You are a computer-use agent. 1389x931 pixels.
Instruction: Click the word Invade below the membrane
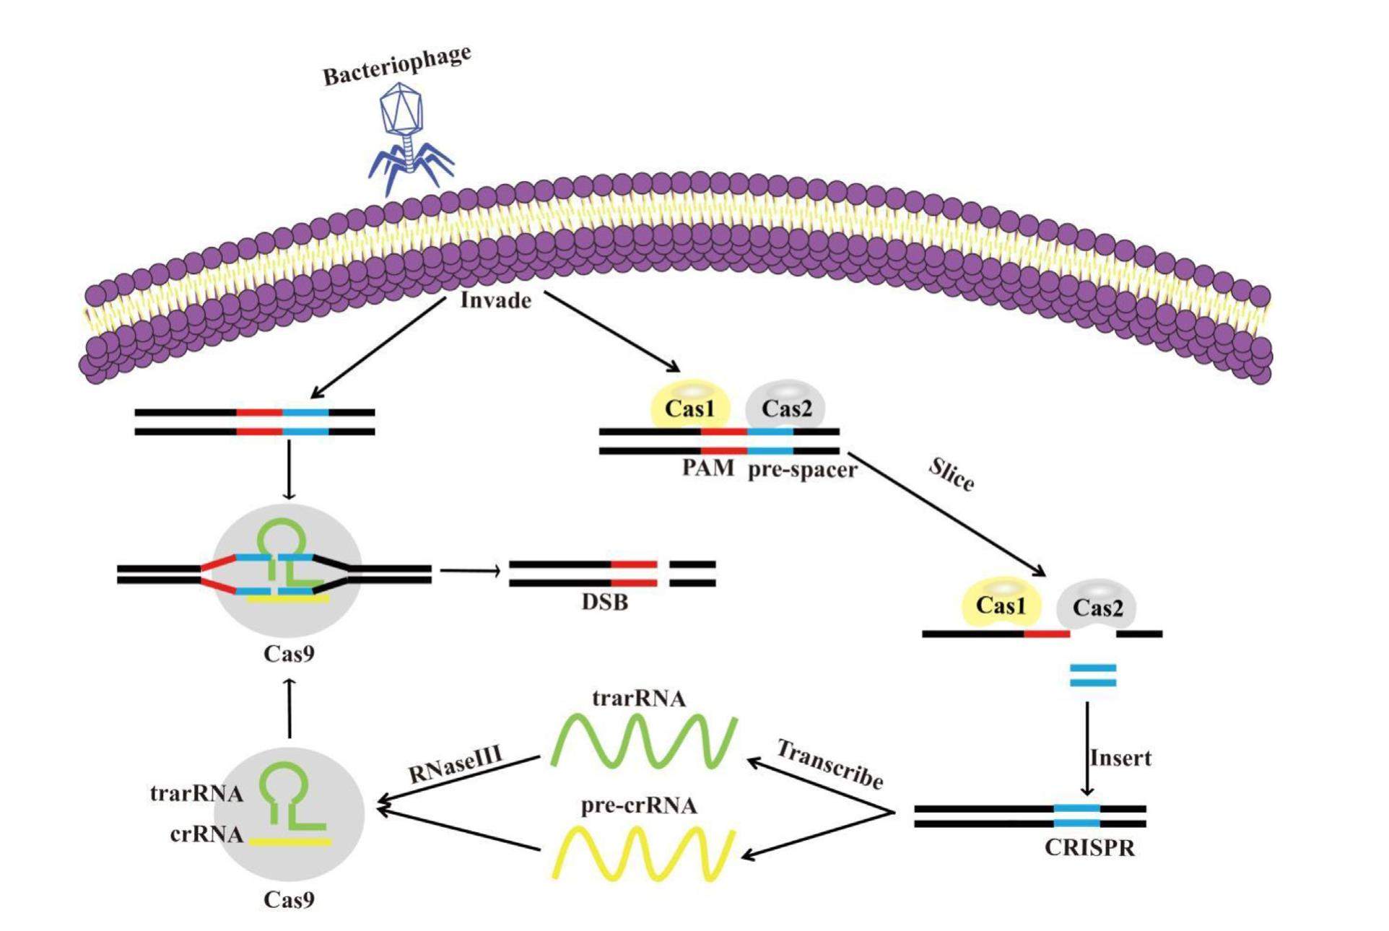496,300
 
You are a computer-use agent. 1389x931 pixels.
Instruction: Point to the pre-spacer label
802,470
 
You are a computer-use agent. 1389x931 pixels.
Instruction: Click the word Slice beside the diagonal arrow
952,475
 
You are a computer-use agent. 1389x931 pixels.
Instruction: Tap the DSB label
605,601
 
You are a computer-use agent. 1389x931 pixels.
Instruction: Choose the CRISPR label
1089,847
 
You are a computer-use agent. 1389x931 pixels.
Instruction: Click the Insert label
1120,758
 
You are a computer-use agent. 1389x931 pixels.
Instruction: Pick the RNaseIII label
456,764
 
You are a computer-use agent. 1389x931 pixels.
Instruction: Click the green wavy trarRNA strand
643,740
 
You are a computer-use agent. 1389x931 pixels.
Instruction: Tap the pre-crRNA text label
639,805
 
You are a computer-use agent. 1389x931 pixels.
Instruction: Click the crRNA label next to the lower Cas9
206,834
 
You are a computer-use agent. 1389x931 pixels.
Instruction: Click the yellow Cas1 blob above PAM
690,407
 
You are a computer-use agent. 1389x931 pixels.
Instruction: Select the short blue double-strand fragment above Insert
1092,676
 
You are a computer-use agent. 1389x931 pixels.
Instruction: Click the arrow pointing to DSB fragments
470,572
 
